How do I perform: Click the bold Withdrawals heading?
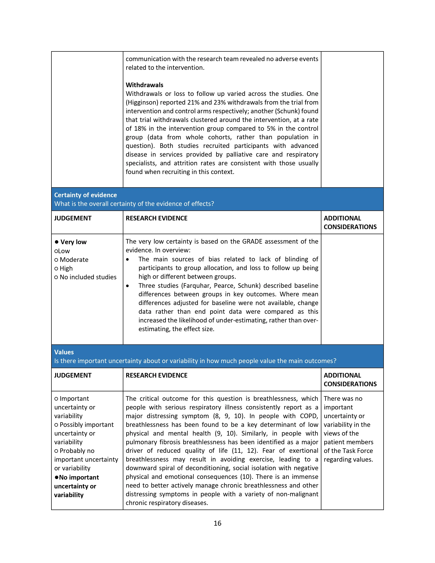[x=144, y=85]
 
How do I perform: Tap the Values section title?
[x=64, y=352]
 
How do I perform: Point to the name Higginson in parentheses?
[x=142, y=103]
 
